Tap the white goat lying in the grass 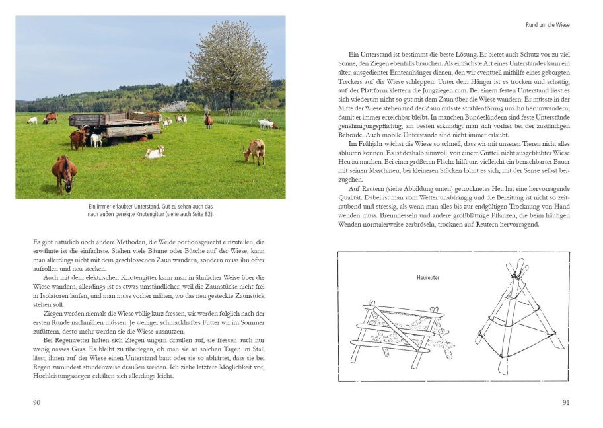click(x=155, y=153)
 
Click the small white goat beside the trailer click(x=96, y=139)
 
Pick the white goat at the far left click(x=32, y=121)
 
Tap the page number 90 click(x=37, y=402)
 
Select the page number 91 click(x=565, y=402)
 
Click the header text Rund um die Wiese click(x=547, y=25)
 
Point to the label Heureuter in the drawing click(x=428, y=278)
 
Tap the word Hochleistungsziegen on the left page click(x=62, y=376)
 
